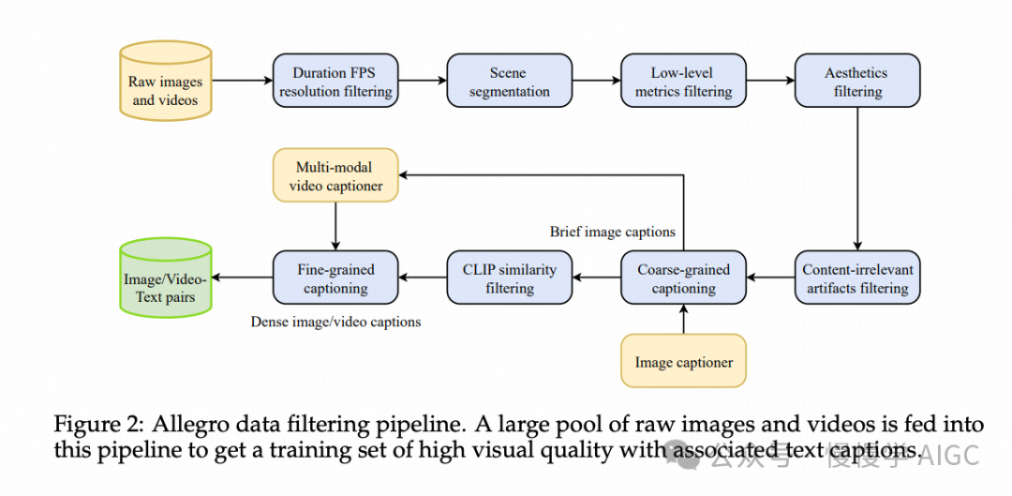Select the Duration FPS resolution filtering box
tap(335, 82)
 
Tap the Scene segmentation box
tap(509, 82)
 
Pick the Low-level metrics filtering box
tap(683, 82)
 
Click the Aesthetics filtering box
tap(857, 82)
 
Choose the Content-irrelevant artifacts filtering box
tap(857, 278)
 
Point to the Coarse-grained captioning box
tap(683, 278)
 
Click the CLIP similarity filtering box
tap(509, 278)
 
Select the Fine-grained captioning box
tap(335, 278)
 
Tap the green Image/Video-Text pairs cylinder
tap(167, 278)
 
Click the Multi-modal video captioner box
tap(335, 176)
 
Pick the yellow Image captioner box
tap(683, 362)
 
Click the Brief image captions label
tap(612, 233)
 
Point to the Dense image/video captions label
tap(335, 322)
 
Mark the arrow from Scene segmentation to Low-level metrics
tap(596, 82)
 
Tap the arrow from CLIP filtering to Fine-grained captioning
tap(423, 278)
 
